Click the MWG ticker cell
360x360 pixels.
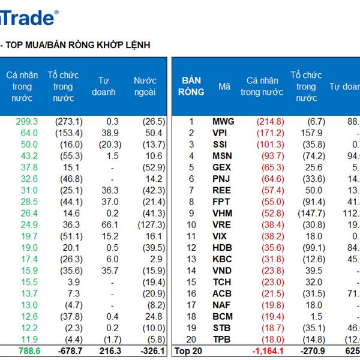click(x=223, y=121)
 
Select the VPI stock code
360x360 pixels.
click(x=220, y=133)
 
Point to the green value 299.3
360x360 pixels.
click(x=26, y=121)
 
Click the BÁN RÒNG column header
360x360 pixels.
click(x=191, y=86)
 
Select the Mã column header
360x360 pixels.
click(x=224, y=86)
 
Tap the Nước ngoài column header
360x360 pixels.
click(x=145, y=86)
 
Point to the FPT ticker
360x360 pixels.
click(x=221, y=202)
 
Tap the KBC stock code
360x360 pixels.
click(x=221, y=259)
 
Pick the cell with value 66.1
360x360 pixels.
click(x=109, y=224)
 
